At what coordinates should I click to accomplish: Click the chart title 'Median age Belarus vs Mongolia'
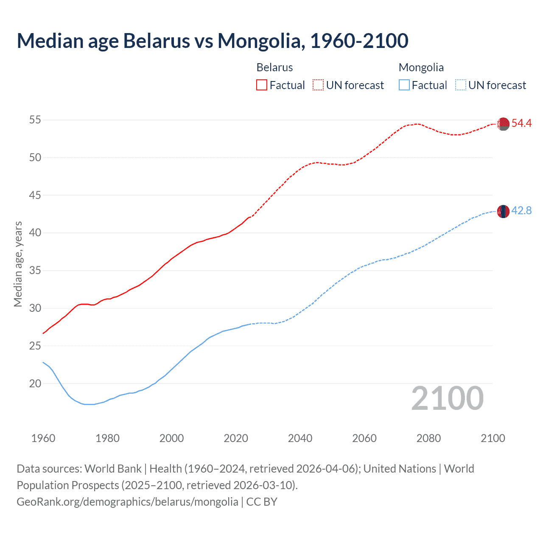point(212,41)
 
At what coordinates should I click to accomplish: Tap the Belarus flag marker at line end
point(503,124)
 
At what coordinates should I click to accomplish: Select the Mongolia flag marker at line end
point(503,211)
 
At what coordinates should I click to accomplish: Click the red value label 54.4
point(521,123)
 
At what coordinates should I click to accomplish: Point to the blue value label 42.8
point(521,210)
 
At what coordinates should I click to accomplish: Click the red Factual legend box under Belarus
point(262,85)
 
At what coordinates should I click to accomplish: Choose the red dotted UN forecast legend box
point(318,85)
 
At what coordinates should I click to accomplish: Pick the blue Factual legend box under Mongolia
point(404,85)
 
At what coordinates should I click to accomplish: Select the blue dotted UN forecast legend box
point(460,85)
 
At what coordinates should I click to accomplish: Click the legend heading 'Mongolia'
point(421,67)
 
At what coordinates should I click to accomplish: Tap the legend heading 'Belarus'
point(274,67)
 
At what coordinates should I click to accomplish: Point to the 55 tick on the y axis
point(35,120)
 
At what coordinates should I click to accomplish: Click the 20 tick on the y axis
point(35,383)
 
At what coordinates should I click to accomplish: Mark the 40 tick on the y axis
point(35,233)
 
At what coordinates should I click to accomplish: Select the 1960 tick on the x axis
point(43,438)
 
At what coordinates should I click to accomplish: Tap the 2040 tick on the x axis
point(300,438)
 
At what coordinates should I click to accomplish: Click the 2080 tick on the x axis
point(428,438)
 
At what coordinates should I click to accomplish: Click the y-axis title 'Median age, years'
point(18,264)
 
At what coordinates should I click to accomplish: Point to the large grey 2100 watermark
point(447,398)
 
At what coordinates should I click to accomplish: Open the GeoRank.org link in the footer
point(127,502)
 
